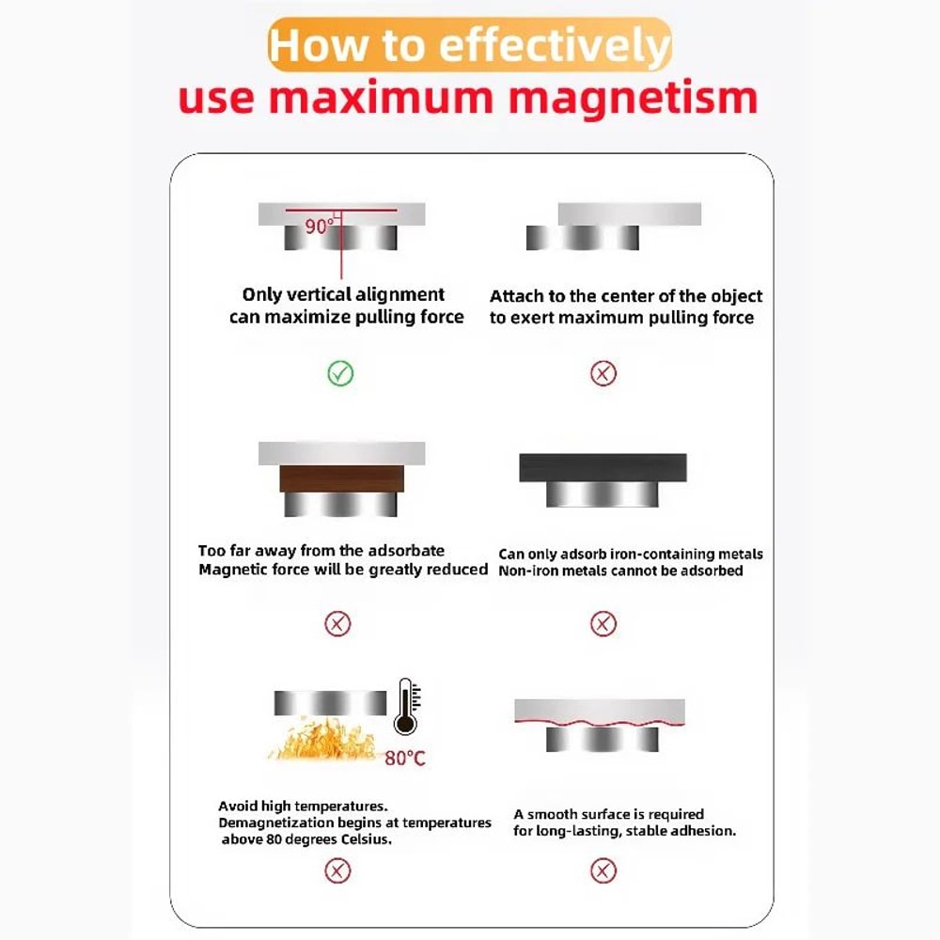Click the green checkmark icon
coord(340,374)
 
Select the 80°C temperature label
coord(404,758)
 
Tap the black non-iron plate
coord(603,467)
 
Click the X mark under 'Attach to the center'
coord(603,374)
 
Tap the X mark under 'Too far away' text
coord(337,623)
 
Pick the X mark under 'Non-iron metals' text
coord(603,623)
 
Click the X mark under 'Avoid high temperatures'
coord(337,871)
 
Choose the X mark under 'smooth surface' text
coord(603,871)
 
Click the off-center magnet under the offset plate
coord(582,239)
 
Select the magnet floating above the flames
coord(330,702)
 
